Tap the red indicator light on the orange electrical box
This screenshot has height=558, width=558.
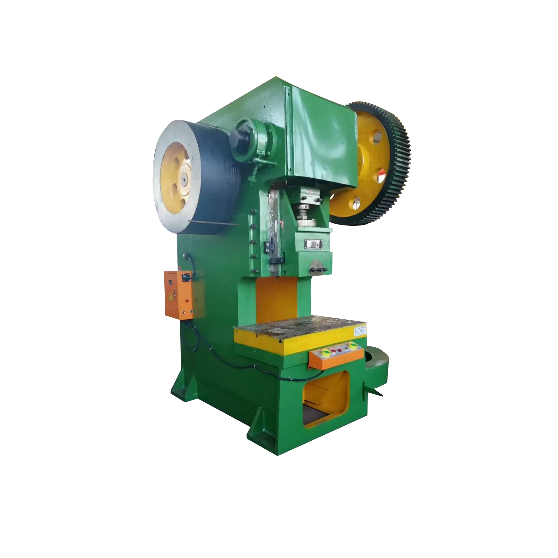[x=187, y=301]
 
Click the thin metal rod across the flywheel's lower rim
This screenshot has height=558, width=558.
[x=213, y=223]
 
